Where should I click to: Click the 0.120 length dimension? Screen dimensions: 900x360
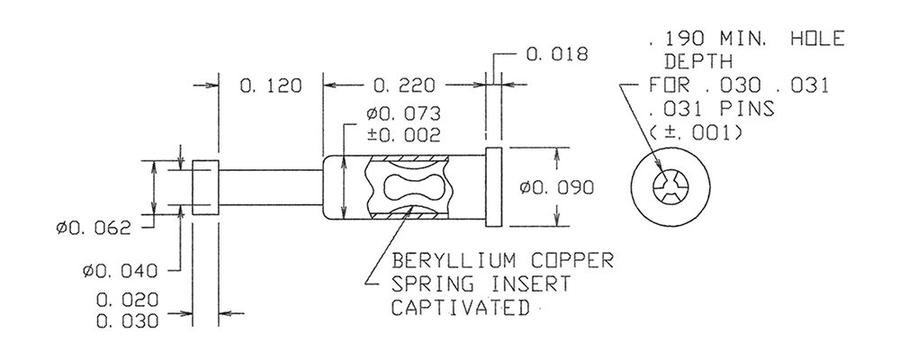coord(270,85)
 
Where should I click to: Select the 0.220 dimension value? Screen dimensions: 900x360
coord(404,85)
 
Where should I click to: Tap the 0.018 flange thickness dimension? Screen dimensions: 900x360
coord(557,55)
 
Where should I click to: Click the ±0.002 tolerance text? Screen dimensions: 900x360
coord(404,135)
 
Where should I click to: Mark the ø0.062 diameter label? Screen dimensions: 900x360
coord(94,229)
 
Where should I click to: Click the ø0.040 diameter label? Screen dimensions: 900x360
coord(120,270)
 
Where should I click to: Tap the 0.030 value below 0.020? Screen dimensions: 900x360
coord(127,321)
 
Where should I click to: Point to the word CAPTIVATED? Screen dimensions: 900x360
coord(460,307)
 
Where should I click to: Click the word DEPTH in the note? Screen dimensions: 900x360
coord(698,61)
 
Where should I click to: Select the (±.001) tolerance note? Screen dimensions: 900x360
coord(696,132)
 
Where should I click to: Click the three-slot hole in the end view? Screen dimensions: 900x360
coord(670,187)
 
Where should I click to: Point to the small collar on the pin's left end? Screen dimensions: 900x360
coord(205,188)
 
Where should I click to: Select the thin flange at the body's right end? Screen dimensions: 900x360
coord(493,187)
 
